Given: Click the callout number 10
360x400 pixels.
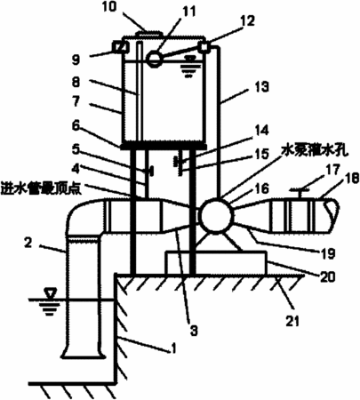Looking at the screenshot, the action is point(110,7).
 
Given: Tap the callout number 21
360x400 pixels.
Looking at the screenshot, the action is point(292,320).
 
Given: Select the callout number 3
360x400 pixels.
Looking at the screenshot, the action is point(194,331).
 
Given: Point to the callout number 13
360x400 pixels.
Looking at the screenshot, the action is point(261,87).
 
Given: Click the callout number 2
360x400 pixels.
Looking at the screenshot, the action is point(28,243).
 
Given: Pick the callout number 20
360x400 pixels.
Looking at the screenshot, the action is point(327,276).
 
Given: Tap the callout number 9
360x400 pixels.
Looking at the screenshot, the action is point(76,60).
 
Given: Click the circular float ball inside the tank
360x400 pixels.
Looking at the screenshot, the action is point(155,58).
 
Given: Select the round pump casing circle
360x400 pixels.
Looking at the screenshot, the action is point(215,215).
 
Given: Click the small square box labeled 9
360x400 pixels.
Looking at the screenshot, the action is point(121,46).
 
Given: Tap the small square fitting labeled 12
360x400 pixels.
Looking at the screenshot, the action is point(204,47).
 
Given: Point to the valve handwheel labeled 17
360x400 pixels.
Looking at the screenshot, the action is point(300,189).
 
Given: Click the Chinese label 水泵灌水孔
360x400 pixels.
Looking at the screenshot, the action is point(316,150).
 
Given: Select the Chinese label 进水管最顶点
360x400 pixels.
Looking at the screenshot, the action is point(42,188).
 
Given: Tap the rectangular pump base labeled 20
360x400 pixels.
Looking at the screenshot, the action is point(216,262).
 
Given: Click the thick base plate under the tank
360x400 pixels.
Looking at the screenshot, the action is point(164,146).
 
